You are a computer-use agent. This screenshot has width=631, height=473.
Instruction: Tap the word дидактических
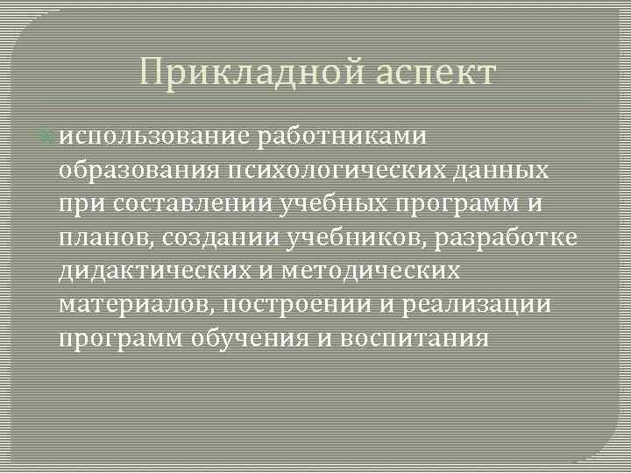[x=148, y=272]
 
